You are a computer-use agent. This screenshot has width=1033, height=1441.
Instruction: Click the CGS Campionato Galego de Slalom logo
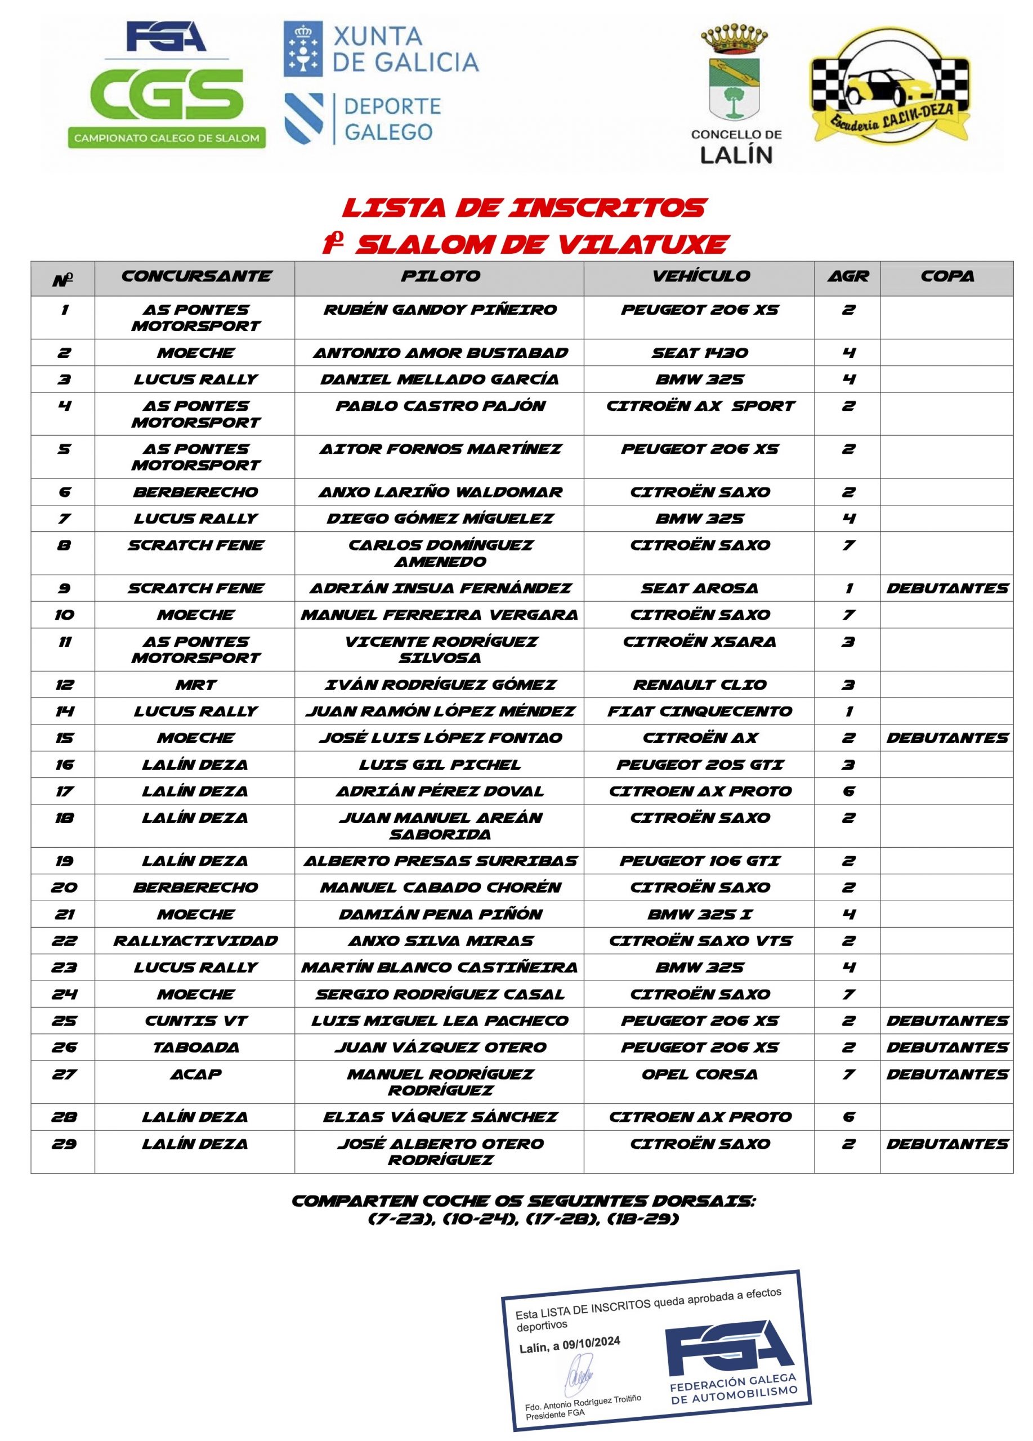point(167,86)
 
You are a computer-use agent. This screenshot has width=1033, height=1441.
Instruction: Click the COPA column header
point(947,276)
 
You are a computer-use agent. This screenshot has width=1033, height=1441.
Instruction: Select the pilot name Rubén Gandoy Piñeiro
point(440,310)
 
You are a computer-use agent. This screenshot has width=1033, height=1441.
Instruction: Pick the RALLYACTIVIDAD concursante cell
point(195,941)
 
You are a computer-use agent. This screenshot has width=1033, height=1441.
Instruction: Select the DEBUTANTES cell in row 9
point(947,588)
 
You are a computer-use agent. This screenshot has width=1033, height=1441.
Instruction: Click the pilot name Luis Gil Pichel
point(440,764)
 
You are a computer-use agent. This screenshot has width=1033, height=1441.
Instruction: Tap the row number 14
point(64,711)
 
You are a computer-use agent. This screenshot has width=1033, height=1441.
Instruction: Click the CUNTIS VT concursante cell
point(195,1021)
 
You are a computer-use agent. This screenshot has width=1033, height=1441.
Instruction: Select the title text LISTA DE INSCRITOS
point(524,208)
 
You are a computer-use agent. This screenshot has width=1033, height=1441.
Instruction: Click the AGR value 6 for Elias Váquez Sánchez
point(848,1117)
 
